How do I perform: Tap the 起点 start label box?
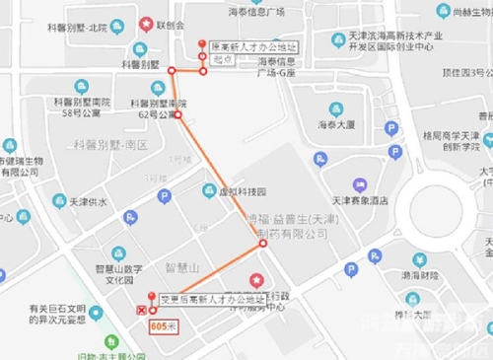(x=223, y=58)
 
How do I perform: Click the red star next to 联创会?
(x=146, y=23)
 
